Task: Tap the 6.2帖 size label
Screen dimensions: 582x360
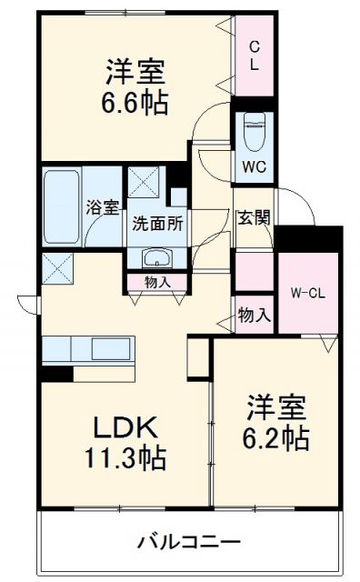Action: (275, 438)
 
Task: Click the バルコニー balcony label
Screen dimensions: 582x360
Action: (189, 543)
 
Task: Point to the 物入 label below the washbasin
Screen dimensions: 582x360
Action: (157, 282)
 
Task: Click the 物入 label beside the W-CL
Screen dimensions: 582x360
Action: (254, 315)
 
